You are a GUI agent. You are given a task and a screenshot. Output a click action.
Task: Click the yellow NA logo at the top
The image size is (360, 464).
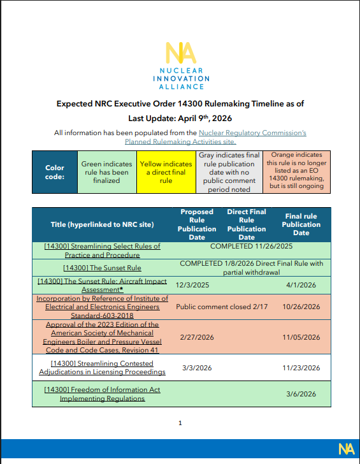[x=179, y=52]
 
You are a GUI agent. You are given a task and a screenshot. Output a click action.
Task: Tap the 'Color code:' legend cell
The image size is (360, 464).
[x=54, y=172]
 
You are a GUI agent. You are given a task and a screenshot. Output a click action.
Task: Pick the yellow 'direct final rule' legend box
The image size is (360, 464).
[x=165, y=172]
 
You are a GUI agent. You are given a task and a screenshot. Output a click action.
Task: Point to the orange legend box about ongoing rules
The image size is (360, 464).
[x=294, y=172]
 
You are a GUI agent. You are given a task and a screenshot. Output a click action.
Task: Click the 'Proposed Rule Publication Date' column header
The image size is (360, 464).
[x=197, y=224]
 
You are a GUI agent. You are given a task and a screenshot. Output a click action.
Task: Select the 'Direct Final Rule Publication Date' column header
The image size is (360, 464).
[x=247, y=224]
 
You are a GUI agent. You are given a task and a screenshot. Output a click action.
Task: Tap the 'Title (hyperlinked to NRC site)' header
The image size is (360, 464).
[x=102, y=224]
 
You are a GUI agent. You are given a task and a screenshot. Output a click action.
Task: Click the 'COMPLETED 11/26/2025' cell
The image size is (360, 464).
[x=251, y=246]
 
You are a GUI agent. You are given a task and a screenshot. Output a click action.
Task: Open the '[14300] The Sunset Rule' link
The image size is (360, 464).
[x=102, y=268]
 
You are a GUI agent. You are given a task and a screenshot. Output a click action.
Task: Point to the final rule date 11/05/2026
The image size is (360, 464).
[x=301, y=337]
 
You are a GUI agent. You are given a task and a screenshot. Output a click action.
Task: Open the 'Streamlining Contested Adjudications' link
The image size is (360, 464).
[x=102, y=367]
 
